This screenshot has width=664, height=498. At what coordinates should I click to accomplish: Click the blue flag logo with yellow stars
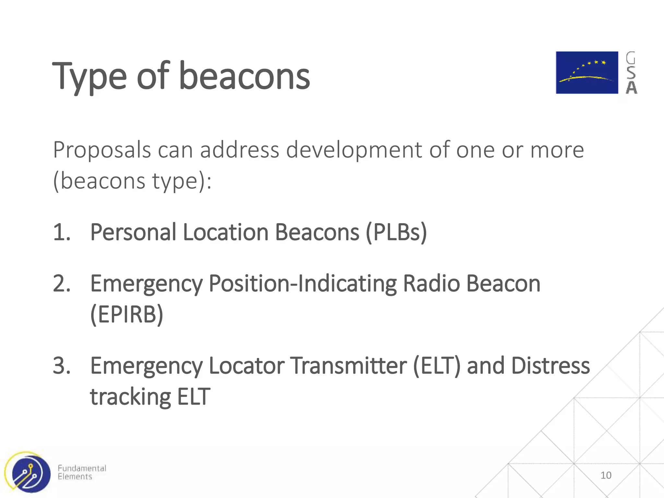[587, 73]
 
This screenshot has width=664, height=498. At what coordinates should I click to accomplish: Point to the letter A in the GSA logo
[631, 88]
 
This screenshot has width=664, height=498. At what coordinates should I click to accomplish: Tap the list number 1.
[61, 232]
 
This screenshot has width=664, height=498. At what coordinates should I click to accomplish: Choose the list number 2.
[62, 283]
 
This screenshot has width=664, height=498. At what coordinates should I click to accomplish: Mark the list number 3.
[62, 365]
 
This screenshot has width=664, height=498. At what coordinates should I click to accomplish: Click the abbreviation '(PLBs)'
[396, 232]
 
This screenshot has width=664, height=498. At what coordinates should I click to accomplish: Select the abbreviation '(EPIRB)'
[126, 314]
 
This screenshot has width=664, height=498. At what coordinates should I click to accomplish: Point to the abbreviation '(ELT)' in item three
[437, 365]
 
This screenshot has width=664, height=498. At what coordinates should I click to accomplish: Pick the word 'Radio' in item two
[431, 283]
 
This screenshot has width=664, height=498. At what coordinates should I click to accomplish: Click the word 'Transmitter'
[348, 365]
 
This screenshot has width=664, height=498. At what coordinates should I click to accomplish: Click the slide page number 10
[606, 475]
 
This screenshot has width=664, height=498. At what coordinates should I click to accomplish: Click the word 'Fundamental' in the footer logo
[82, 468]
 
